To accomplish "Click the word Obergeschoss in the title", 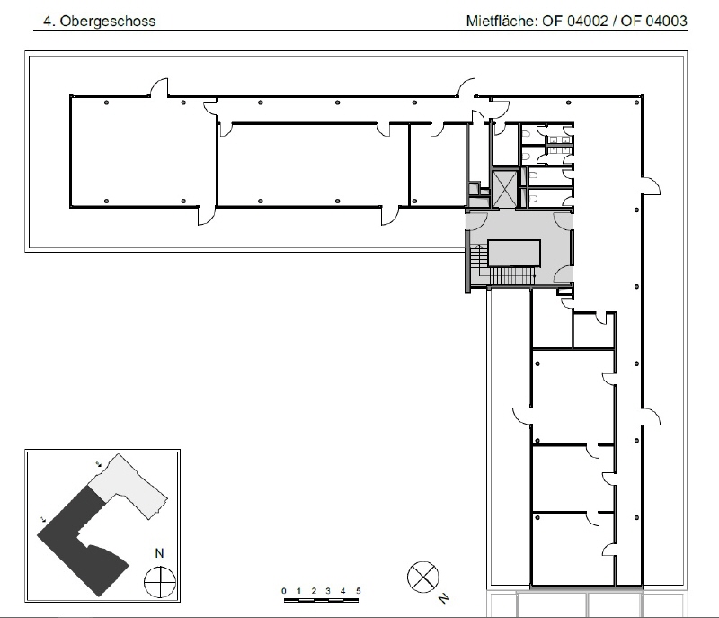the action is [108, 21].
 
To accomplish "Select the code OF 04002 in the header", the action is [574, 21].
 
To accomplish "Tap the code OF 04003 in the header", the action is [654, 21].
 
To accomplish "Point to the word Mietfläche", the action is [502, 21].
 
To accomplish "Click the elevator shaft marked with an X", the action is [505, 189].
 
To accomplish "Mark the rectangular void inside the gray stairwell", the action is [514, 253].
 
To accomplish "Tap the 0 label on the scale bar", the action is [284, 590].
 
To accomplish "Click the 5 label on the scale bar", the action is [358, 590].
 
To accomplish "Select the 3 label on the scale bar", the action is [328, 590].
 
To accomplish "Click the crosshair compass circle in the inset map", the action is [160, 582].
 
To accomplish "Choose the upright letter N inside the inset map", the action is [159, 553].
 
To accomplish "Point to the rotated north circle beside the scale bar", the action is [422, 577].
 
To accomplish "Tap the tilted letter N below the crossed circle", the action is [443, 598].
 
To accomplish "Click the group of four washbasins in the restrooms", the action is [560, 145].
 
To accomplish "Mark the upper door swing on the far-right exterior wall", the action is [651, 186].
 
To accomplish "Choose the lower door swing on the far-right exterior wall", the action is [651, 416].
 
